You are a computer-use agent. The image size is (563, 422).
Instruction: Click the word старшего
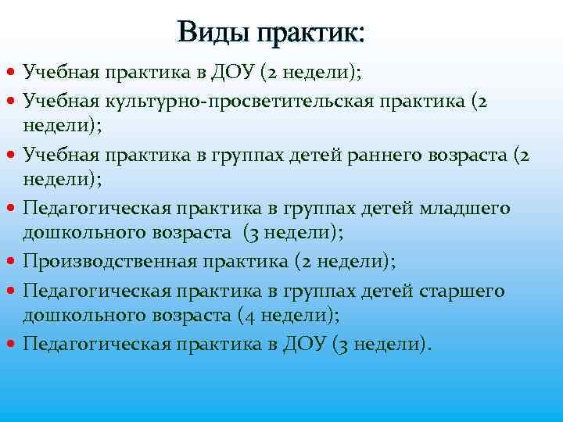464,291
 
